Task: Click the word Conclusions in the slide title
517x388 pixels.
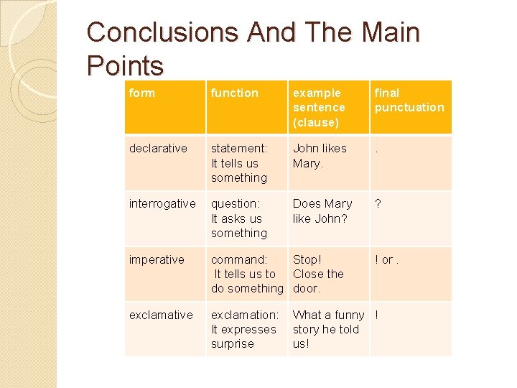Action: tap(150, 32)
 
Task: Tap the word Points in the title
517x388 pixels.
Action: tap(125, 66)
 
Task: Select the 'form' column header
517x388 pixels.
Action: tap(141, 93)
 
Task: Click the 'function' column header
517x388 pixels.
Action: tap(234, 93)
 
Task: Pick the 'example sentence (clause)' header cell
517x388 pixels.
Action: tap(319, 107)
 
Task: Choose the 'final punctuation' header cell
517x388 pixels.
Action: tap(409, 100)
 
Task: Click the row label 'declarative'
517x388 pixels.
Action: tap(158, 148)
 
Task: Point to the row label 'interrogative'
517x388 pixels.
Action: tap(162, 203)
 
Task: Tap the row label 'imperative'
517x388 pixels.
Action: tap(157, 259)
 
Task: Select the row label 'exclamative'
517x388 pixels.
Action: tap(161, 315)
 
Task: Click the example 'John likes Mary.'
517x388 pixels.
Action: tap(320, 155)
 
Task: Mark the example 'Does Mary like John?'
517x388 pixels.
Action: tap(322, 211)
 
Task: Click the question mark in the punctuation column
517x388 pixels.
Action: tap(378, 203)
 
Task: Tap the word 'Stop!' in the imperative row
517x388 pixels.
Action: tap(307, 259)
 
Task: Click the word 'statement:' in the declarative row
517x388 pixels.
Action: tap(238, 148)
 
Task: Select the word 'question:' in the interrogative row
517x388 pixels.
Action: tap(236, 203)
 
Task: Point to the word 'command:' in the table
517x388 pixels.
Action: tap(238, 259)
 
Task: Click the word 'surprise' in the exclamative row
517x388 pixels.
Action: tap(232, 343)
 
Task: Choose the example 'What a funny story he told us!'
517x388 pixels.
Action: tap(327, 329)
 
